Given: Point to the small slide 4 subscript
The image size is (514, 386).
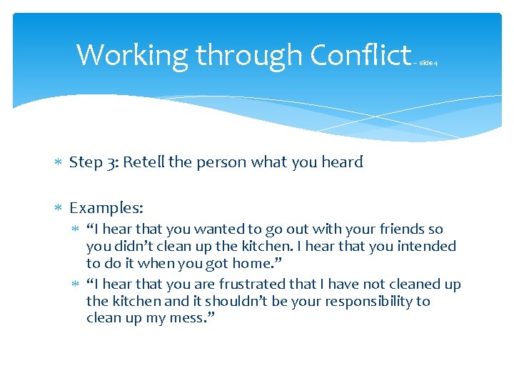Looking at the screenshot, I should click(428, 63).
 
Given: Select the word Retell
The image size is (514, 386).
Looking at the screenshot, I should click(143, 162).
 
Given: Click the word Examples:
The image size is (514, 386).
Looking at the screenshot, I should click(106, 208).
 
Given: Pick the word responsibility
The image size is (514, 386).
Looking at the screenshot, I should click(363, 302).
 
